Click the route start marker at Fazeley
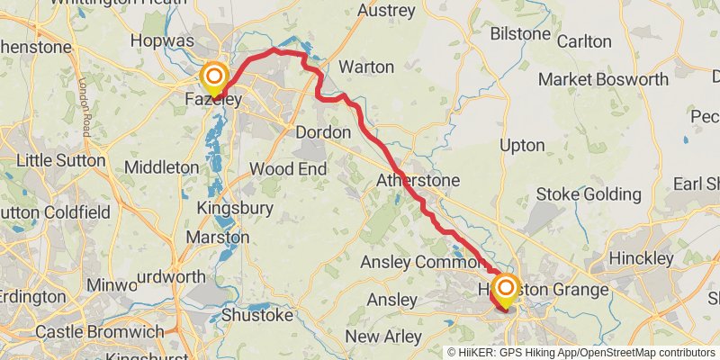(x=214, y=76)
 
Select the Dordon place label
(x=323, y=132)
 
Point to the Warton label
(x=366, y=67)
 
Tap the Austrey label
(x=386, y=12)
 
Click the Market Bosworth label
(x=603, y=79)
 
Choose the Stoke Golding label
(x=588, y=194)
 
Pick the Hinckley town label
(x=641, y=258)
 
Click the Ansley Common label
(x=422, y=262)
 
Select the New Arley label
(x=383, y=337)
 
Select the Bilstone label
(x=520, y=33)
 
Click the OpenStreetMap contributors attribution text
(x=647, y=352)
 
